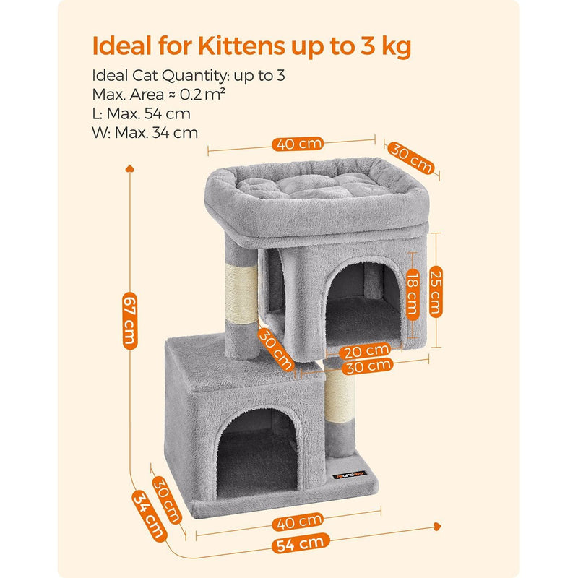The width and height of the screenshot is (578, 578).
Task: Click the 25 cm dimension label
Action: pos(435,292)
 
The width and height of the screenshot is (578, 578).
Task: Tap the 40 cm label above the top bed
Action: pos(298,143)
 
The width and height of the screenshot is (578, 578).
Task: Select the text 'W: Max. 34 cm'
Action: pos(145,132)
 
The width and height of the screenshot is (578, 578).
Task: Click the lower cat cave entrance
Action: pos(257,462)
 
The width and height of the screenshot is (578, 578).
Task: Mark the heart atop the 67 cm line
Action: pos(130,169)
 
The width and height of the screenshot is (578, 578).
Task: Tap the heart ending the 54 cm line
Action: pos(438,526)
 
